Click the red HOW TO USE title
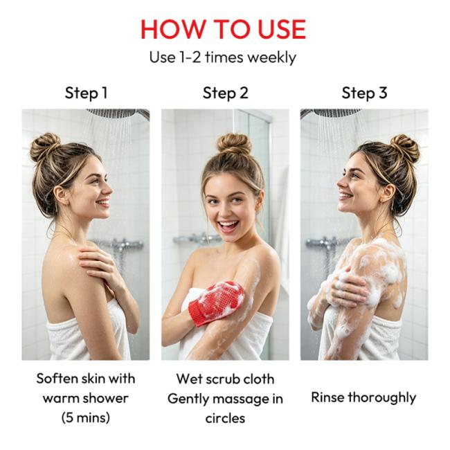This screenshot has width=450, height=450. pos(224,29)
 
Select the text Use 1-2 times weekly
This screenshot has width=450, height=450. pos(223,57)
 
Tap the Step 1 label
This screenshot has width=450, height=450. pos(86,93)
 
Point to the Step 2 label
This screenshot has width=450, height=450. pos(225,93)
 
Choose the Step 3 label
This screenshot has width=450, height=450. pos(364,93)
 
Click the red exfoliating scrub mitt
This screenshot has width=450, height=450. pos(217,303)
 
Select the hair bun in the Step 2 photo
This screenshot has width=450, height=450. pos(234,145)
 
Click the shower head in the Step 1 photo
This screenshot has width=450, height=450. pos(118,113)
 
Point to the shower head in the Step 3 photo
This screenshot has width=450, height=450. pos(333,112)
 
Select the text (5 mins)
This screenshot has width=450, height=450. pos(86,417)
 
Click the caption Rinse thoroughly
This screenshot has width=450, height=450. pos(363,398)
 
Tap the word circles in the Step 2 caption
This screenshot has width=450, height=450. pos(225,418)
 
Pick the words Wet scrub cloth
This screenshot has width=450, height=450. pos(225,379)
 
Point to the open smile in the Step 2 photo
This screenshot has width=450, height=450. pos(228,226)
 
